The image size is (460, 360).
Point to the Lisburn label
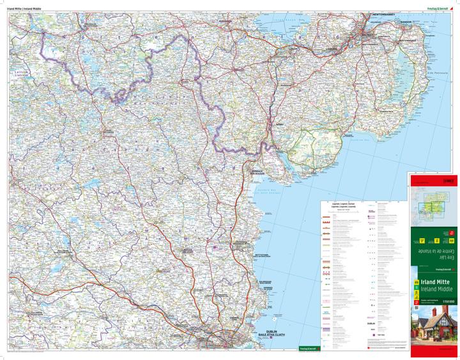[x=332, y=48]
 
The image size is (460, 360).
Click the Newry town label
[x=279, y=126]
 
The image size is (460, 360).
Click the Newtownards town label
[x=407, y=40]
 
